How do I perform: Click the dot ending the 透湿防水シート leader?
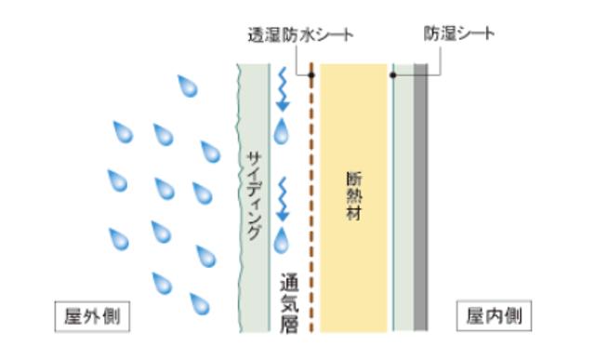point(311,74)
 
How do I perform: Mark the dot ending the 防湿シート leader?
point(394,74)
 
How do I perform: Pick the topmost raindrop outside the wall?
point(190,87)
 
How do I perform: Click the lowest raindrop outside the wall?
point(199,302)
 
